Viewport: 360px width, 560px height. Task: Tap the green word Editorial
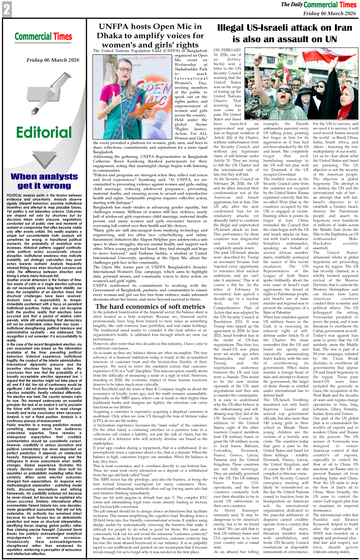click(44, 132)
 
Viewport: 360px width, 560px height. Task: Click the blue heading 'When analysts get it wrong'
click(44, 181)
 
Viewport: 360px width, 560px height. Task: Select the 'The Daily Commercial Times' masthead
click(319, 5)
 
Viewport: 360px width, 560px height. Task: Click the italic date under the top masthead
click(330, 13)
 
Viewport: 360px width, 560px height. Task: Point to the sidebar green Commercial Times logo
click(43, 37)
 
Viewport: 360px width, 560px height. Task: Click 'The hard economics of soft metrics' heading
click(150, 306)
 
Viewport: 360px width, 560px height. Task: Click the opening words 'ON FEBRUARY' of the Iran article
click(227, 50)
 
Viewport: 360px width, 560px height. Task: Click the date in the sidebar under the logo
click(53, 60)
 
